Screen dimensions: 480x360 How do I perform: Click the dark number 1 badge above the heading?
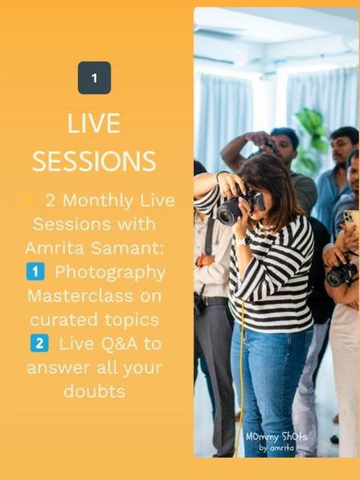(x=94, y=78)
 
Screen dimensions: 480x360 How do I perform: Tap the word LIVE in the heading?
(x=94, y=123)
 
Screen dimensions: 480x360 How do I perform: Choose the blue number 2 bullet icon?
(x=39, y=344)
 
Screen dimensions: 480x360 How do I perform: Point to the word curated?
(x=65, y=320)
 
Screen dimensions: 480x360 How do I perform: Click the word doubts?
(x=94, y=392)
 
